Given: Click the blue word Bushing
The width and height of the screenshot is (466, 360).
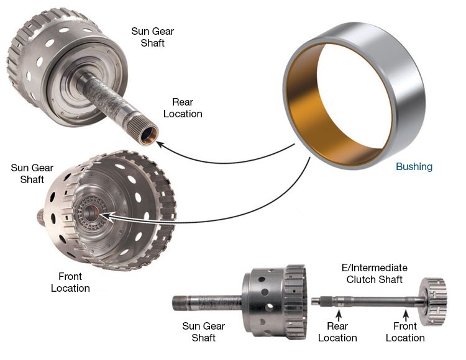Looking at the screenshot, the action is click(414, 167).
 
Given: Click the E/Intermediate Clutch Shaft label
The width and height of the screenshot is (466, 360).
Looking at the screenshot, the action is click(375, 274).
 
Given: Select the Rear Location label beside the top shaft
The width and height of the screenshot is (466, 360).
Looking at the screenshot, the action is click(183, 108).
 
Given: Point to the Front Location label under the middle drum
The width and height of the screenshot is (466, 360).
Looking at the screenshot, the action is click(70, 282).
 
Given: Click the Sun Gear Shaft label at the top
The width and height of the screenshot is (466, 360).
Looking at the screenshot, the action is click(152, 37).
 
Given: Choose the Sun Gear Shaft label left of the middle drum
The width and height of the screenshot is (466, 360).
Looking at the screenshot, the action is click(32, 174).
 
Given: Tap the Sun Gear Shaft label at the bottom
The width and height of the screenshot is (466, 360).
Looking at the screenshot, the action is click(204, 332).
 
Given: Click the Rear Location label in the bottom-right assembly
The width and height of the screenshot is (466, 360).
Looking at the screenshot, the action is click(337, 332).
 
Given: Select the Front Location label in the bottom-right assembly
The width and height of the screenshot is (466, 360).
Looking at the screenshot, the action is click(405, 332).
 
